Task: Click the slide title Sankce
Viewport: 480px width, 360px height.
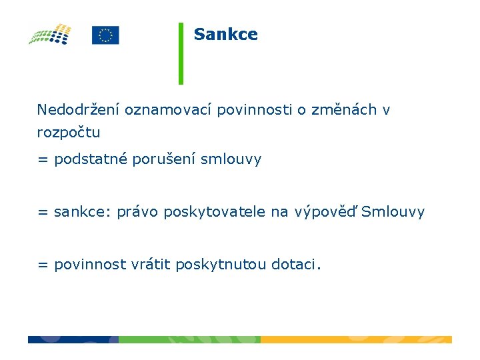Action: click(x=225, y=35)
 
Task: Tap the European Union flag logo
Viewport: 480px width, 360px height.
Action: click(x=105, y=35)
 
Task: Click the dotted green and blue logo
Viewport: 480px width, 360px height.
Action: click(x=50, y=35)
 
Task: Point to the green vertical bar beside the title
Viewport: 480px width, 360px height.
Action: click(x=181, y=53)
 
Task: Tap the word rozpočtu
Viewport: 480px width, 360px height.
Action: click(x=69, y=133)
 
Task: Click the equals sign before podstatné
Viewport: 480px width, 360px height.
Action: click(x=43, y=160)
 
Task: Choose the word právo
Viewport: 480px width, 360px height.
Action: click(x=137, y=213)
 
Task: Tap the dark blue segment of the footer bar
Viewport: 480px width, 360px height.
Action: click(x=73, y=339)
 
